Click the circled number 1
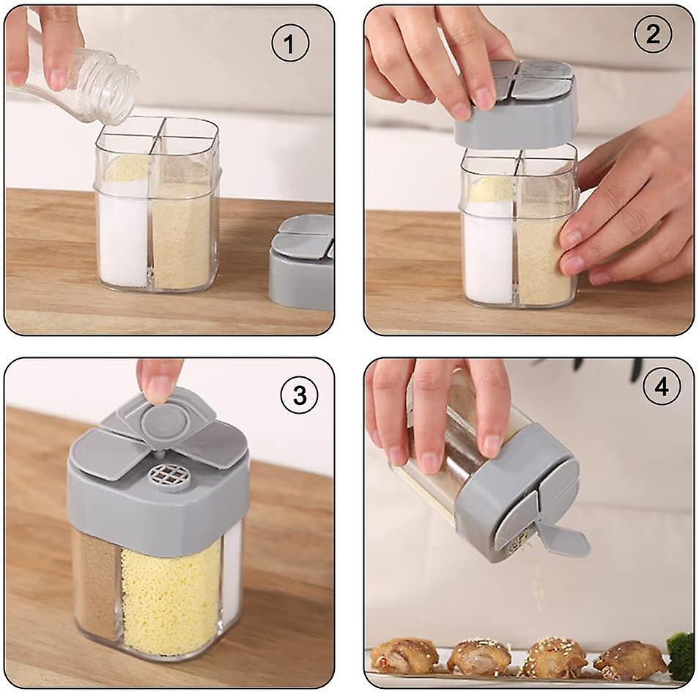pyautogui.click(x=290, y=43)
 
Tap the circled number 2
pyautogui.click(x=653, y=34)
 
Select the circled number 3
pyautogui.click(x=300, y=395)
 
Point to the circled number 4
pyautogui.click(x=662, y=386)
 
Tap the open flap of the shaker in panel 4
pyautogui.click(x=563, y=538)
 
